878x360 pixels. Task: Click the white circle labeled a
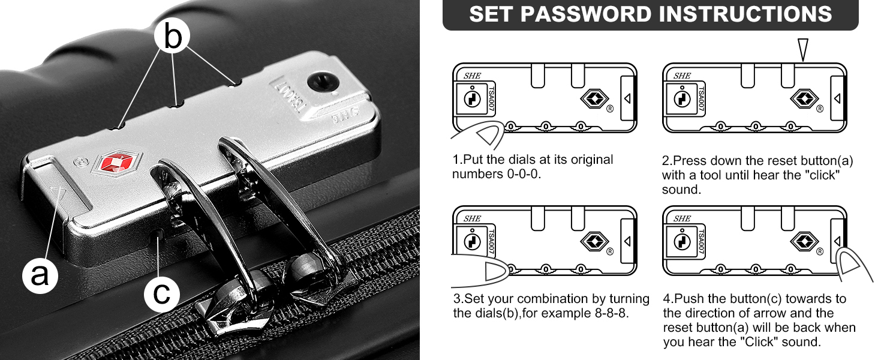[40, 275]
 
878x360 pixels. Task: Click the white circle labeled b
[172, 35]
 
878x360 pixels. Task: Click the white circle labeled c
[161, 294]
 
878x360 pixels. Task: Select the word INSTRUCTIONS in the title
[745, 14]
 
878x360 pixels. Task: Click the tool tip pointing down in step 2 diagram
[803, 50]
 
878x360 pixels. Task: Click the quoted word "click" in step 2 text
[825, 175]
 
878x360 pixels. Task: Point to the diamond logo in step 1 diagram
[594, 98]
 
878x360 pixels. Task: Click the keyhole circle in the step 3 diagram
[473, 242]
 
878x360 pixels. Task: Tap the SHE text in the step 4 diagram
[682, 218]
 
